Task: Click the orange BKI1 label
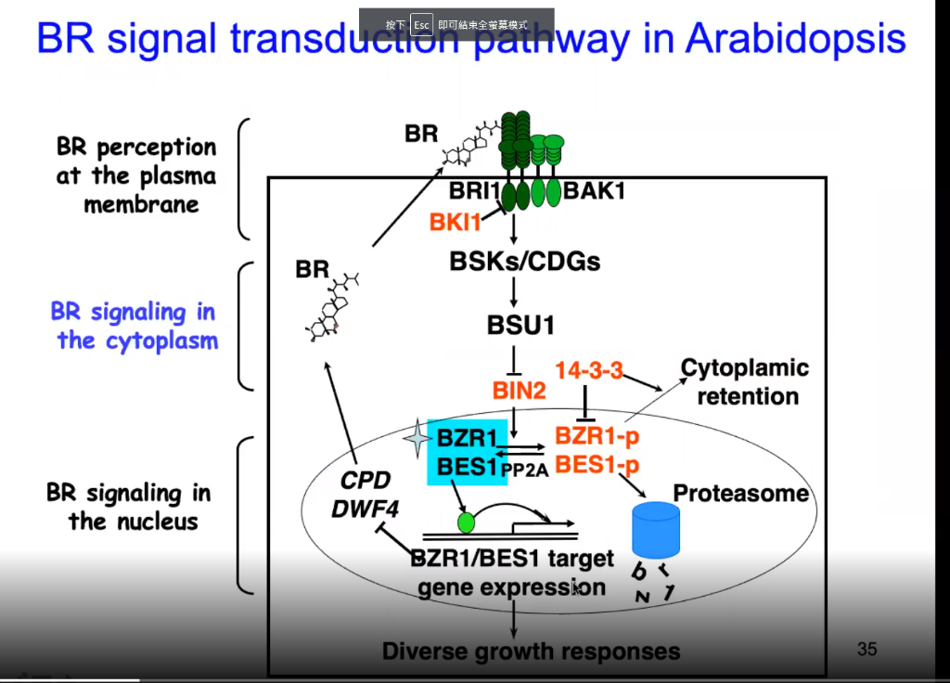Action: tap(456, 223)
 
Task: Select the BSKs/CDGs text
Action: tap(524, 262)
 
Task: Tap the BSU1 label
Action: tap(520, 325)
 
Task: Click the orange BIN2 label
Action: tap(519, 391)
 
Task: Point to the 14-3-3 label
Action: tap(588, 370)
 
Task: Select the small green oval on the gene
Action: tap(466, 522)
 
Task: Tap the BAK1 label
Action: tap(595, 192)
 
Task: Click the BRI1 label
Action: tap(475, 192)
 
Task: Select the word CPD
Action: tap(366, 481)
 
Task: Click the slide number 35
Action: tap(867, 649)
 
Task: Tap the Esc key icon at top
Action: tap(421, 25)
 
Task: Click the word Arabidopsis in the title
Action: tap(795, 40)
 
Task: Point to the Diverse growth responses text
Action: tap(531, 651)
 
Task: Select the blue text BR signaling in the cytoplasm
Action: tap(135, 326)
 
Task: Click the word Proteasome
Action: tap(740, 493)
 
